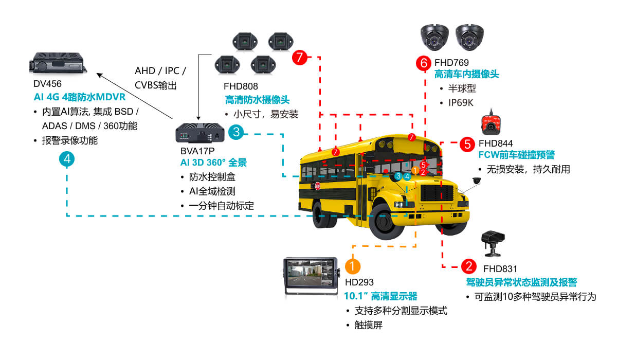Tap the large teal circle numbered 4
pyautogui.click(x=67, y=159)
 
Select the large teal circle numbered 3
pyautogui.click(x=235, y=132)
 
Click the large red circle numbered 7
pyautogui.click(x=299, y=57)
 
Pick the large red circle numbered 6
pyautogui.click(x=424, y=63)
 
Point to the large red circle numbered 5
pyautogui.click(x=467, y=144)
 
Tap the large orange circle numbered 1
pyautogui.click(x=352, y=266)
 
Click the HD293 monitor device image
pyautogui.click(x=311, y=277)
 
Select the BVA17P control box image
pyautogui.click(x=200, y=133)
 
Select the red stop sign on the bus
pyautogui.click(x=318, y=186)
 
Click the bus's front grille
pyautogui.click(x=437, y=194)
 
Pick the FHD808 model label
pyautogui.click(x=241, y=86)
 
